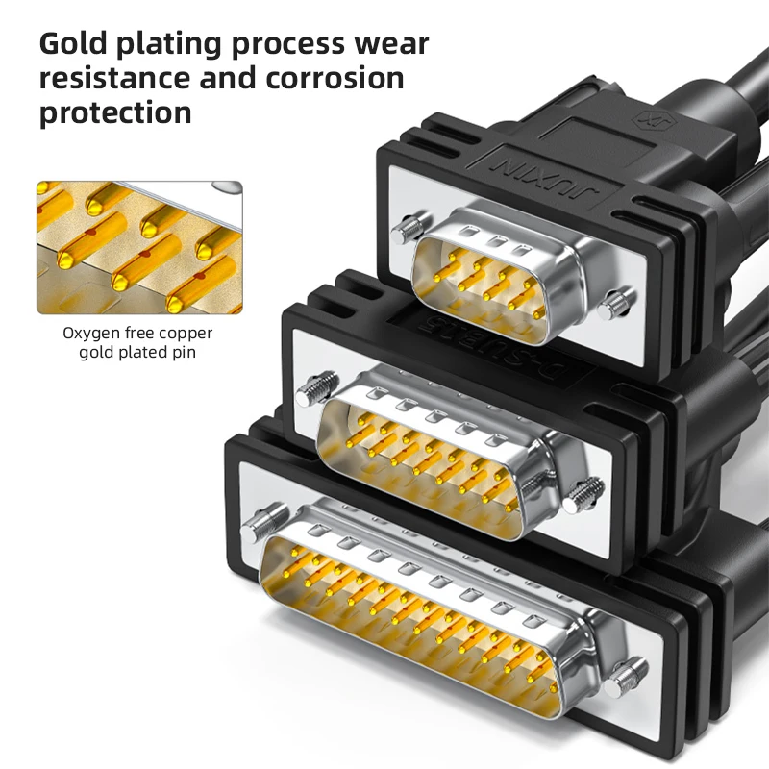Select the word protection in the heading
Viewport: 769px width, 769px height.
click(115, 112)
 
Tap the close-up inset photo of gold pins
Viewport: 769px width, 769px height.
click(139, 248)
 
